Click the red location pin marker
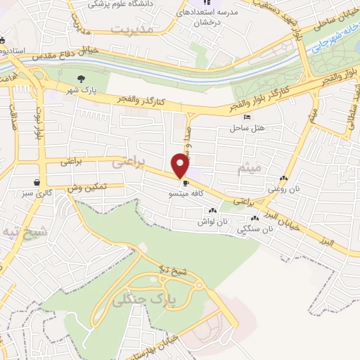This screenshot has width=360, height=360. pos(180,165)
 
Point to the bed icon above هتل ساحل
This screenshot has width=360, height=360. pos(245,117)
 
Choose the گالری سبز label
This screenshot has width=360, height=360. pos(28,191)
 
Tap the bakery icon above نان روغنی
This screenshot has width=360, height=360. pos(283,179)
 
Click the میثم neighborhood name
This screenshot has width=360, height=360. pos(250,169)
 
